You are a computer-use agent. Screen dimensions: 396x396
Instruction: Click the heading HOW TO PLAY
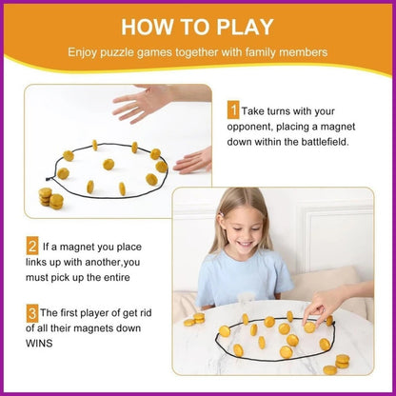[198, 25]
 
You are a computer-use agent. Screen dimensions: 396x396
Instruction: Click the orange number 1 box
[232, 110]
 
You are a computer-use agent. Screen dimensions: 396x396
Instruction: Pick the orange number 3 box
[31, 311]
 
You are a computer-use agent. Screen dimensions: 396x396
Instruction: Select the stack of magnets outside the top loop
[49, 198]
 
